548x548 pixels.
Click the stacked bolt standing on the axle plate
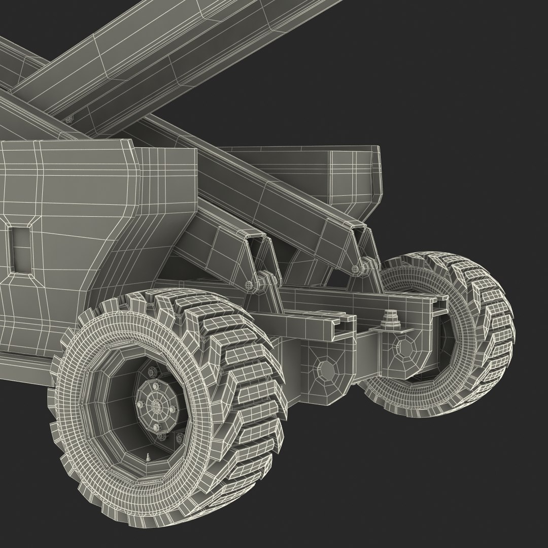tap(390, 320)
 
